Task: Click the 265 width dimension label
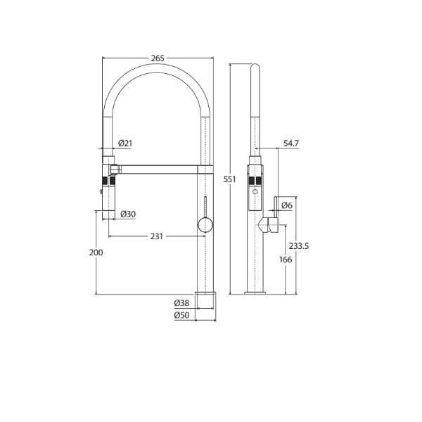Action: coord(158,58)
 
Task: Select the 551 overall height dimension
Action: coord(228,179)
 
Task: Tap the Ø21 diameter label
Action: coord(125,143)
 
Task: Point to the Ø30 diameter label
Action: coord(128,214)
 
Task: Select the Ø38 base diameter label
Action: coord(181,303)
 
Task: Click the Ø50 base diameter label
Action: coord(181,315)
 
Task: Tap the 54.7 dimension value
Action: coord(291,143)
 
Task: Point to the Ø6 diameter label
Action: coord(286,205)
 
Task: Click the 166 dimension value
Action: coord(285,260)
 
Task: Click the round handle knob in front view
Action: coord(204,224)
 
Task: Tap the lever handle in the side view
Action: coord(268,225)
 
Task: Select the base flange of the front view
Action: coord(205,292)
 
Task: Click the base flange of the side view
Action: coord(255,292)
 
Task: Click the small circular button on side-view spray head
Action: coord(255,192)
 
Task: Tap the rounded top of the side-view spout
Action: coord(255,68)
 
